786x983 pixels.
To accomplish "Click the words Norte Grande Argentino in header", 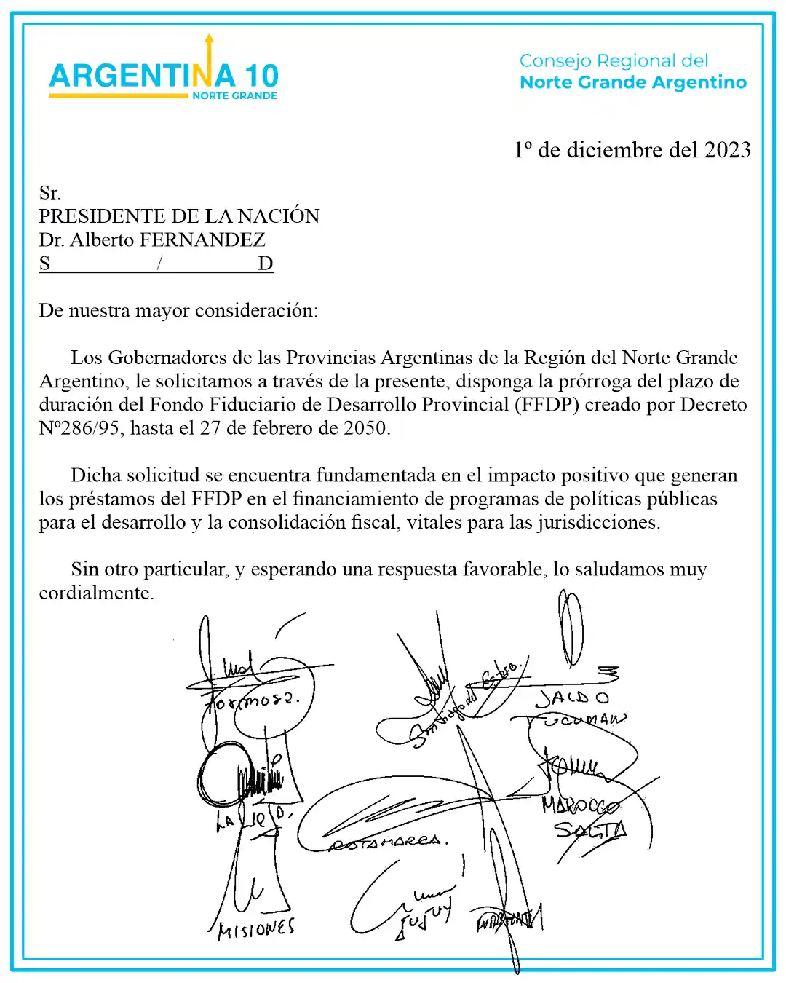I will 633,82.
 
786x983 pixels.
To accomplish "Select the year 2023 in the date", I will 727,150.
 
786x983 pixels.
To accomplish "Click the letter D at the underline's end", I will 266,264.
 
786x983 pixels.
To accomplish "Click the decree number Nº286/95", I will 79,428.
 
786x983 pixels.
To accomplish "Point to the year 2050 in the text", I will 366,428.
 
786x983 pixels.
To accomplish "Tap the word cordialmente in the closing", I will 95,593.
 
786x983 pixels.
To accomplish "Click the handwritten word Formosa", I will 252,701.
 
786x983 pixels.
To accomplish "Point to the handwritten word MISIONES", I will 256,929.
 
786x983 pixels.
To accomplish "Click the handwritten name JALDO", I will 572,698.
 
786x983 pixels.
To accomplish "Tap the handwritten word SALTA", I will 589,829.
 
